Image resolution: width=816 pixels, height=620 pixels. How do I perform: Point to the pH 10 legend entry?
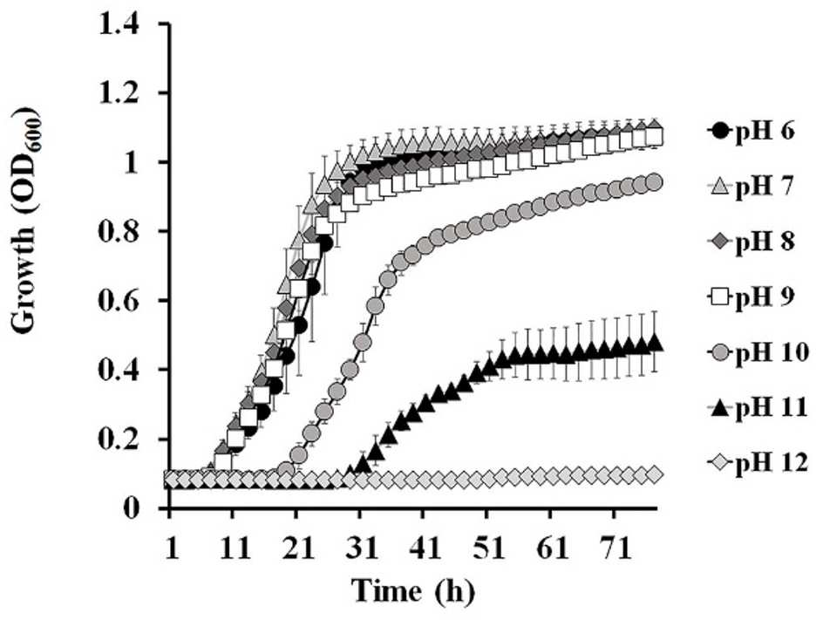tap(758, 353)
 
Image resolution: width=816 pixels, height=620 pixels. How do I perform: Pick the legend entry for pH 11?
tap(758, 408)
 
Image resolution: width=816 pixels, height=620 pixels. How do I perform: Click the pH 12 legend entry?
tap(758, 463)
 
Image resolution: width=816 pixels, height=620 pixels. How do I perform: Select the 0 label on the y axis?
tap(133, 507)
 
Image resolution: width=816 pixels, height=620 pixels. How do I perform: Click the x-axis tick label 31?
tap(359, 549)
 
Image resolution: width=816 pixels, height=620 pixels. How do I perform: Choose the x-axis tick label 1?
tap(172, 549)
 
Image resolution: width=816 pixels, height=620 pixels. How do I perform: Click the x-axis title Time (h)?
tap(413, 592)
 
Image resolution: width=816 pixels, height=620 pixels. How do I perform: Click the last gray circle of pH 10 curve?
tap(654, 182)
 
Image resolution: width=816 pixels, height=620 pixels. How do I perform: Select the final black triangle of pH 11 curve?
tap(655, 344)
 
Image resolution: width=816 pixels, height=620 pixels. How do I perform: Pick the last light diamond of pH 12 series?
tap(655, 474)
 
